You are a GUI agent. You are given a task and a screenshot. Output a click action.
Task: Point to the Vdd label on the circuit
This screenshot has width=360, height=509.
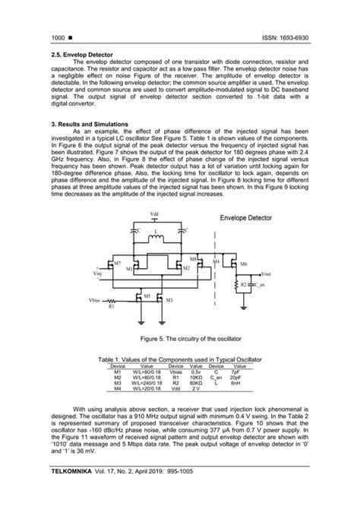pyautogui.click(x=155, y=213)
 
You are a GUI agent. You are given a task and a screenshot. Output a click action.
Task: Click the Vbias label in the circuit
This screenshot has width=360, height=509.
pyautogui.click(x=95, y=301)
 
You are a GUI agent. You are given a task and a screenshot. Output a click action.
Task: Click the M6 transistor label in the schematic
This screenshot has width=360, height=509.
pyautogui.click(x=243, y=264)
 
